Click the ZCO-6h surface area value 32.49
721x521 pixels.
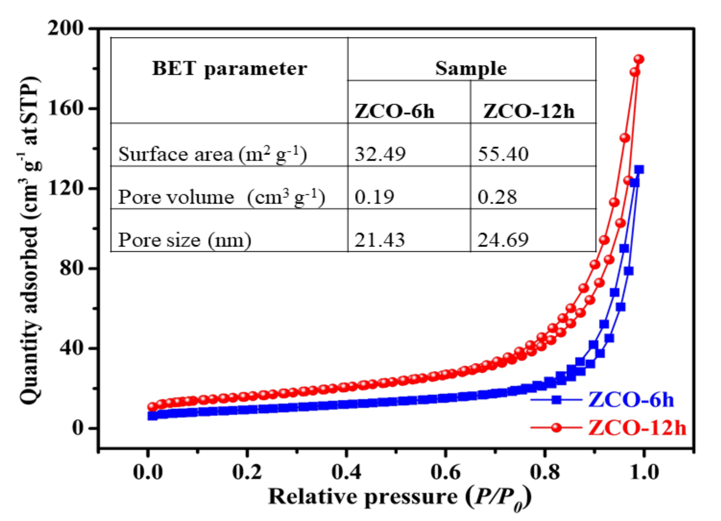click(x=380, y=154)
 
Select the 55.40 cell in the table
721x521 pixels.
click(x=503, y=154)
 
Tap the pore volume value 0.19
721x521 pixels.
click(x=374, y=197)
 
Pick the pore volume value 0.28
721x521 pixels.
click(x=497, y=197)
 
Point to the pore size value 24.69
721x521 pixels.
click(x=503, y=240)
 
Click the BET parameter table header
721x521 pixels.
click(x=230, y=68)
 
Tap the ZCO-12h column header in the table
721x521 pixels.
click(x=529, y=112)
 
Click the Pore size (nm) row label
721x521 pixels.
click(x=184, y=240)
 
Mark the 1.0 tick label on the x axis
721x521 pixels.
click(x=644, y=472)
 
